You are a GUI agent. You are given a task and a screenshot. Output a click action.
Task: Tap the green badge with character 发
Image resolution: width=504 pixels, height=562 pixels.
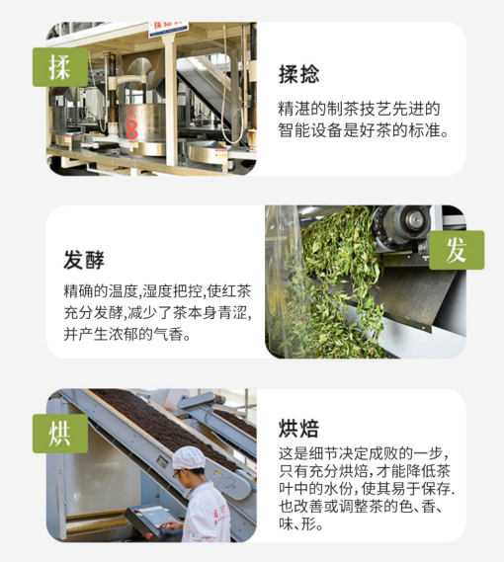point(456,250)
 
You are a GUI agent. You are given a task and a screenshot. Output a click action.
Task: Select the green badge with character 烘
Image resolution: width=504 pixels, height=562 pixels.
point(59,433)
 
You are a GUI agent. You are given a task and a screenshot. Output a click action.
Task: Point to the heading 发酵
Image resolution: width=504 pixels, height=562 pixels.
point(85,260)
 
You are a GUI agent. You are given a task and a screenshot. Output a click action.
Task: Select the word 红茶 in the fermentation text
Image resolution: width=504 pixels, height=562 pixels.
point(234,292)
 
